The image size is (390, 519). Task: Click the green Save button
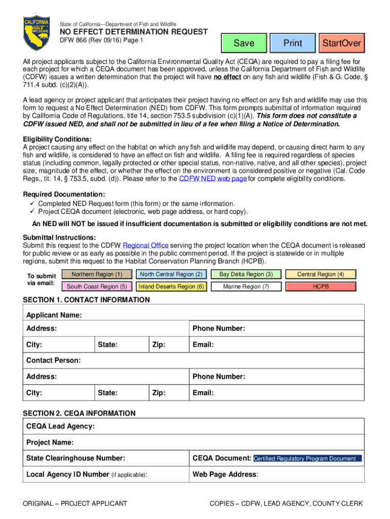(244, 43)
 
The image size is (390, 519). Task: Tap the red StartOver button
(341, 43)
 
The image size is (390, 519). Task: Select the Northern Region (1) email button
(97, 274)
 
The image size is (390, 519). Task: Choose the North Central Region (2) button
(171, 274)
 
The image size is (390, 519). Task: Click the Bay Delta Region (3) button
(246, 274)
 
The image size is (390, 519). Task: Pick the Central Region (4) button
(321, 274)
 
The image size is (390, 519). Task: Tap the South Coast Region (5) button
(97, 286)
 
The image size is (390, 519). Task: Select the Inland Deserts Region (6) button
(171, 286)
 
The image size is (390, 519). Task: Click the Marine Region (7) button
(246, 286)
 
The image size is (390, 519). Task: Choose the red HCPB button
(321, 286)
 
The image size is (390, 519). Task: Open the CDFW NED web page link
(214, 179)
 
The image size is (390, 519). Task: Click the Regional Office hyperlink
(145, 245)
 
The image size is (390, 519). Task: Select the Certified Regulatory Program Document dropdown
(307, 459)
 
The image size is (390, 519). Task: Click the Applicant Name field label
(54, 315)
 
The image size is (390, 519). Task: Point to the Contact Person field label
(53, 360)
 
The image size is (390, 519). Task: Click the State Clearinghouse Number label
(75, 459)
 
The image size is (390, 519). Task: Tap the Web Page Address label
(225, 475)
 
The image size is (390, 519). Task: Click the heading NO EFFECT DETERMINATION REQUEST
(134, 32)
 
